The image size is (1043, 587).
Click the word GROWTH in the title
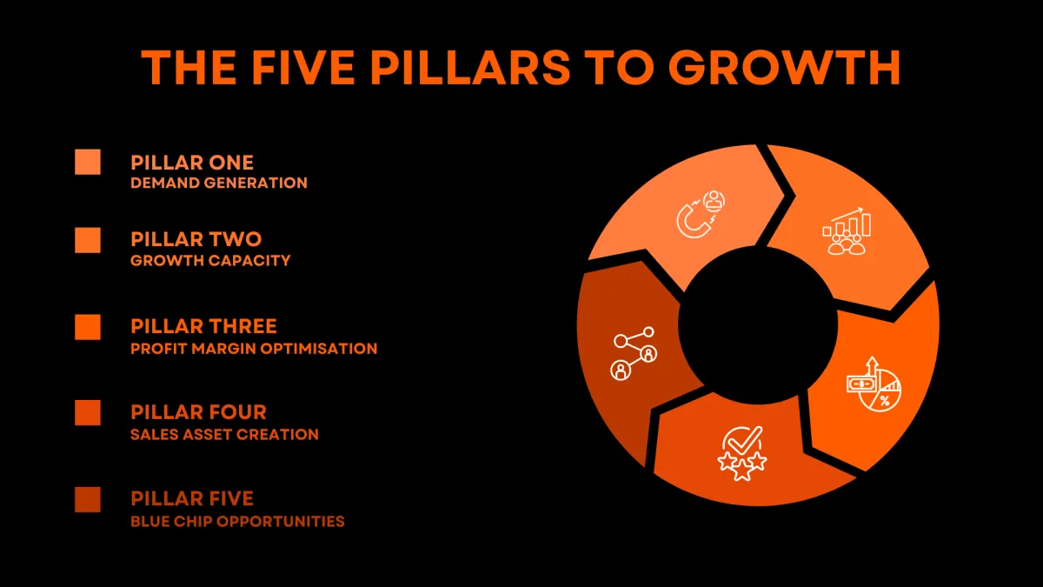point(785,68)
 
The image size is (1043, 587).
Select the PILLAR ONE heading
point(192,163)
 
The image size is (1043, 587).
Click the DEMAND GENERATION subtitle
point(219,183)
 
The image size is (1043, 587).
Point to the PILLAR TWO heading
point(196,239)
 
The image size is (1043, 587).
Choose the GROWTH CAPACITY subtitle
point(210,260)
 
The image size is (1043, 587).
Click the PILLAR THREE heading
point(203,326)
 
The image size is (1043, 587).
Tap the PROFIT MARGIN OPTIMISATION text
point(254,349)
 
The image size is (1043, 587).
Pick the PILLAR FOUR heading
point(198,412)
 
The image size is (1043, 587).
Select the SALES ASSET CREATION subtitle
point(224,435)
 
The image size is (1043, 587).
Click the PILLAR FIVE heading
point(192,498)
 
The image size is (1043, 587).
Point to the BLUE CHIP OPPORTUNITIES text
point(237,521)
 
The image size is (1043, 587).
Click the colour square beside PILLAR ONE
point(88,162)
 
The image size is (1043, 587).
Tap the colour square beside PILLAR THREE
point(88,327)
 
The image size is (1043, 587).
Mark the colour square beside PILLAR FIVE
point(88,500)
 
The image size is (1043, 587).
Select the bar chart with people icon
point(847,231)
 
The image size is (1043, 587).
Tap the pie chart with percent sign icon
point(874,384)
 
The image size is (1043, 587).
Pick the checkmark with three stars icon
point(742,453)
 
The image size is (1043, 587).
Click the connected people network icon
point(634,353)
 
